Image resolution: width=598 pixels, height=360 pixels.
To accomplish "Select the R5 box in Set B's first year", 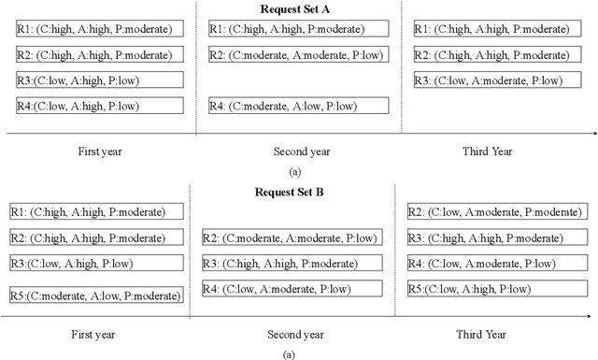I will click(x=95, y=295).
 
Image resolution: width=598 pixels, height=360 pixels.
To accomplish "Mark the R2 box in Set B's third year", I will click(x=498, y=212).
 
